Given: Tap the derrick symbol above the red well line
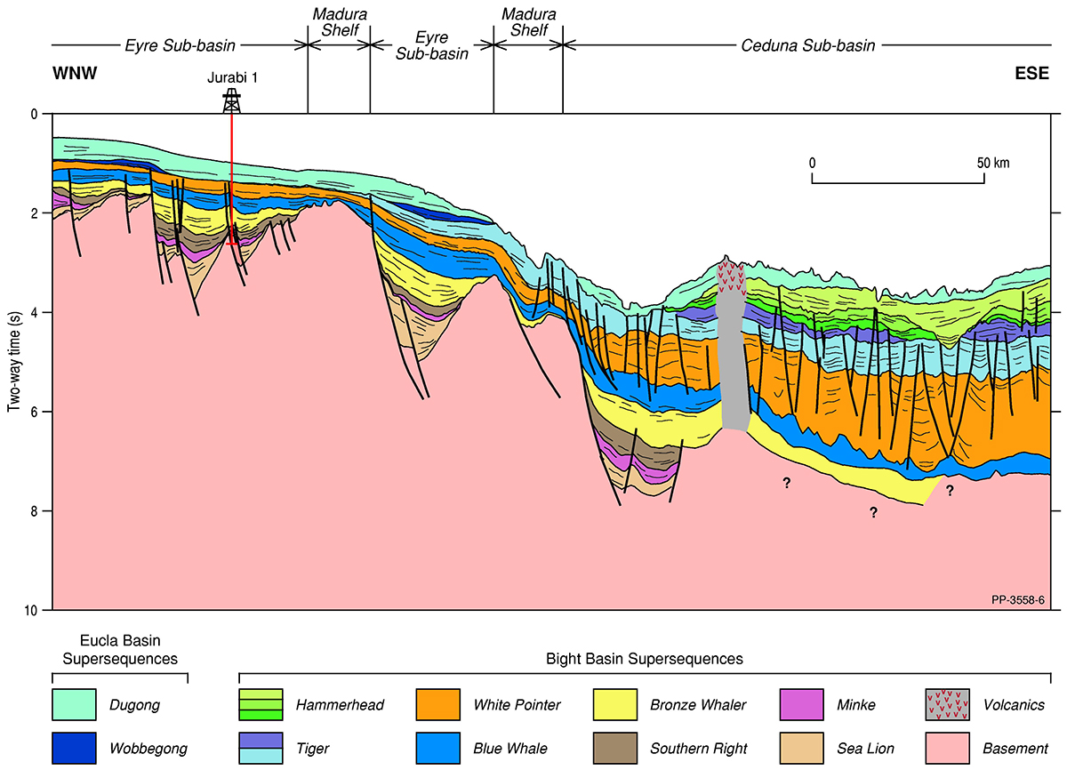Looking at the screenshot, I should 231,100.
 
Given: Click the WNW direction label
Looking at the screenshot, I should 73,75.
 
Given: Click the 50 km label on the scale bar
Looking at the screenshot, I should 992,164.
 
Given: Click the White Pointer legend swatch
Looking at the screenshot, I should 437,705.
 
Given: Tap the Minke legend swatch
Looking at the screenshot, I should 802,705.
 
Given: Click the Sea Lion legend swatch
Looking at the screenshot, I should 802,749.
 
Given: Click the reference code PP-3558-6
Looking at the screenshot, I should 1017,601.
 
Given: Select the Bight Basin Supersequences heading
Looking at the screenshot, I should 644,659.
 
